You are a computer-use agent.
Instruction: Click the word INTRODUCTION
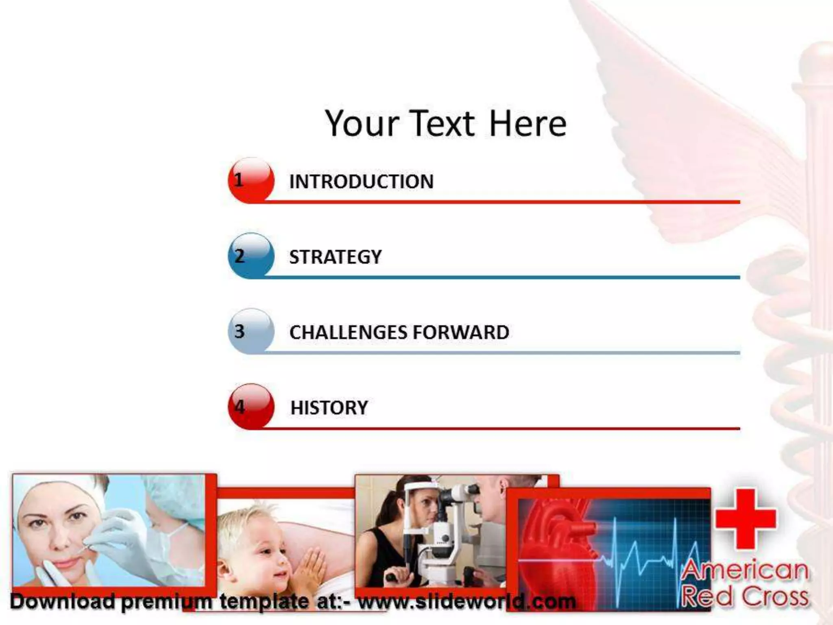click(361, 181)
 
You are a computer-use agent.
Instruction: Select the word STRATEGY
click(335, 257)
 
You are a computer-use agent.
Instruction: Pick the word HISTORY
click(329, 408)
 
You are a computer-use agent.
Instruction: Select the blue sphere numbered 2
click(251, 256)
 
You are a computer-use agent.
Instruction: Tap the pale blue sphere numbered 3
click(251, 331)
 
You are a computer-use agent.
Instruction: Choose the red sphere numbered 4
click(251, 406)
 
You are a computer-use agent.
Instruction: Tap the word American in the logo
click(745, 570)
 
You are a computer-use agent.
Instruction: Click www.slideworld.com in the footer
click(467, 601)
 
